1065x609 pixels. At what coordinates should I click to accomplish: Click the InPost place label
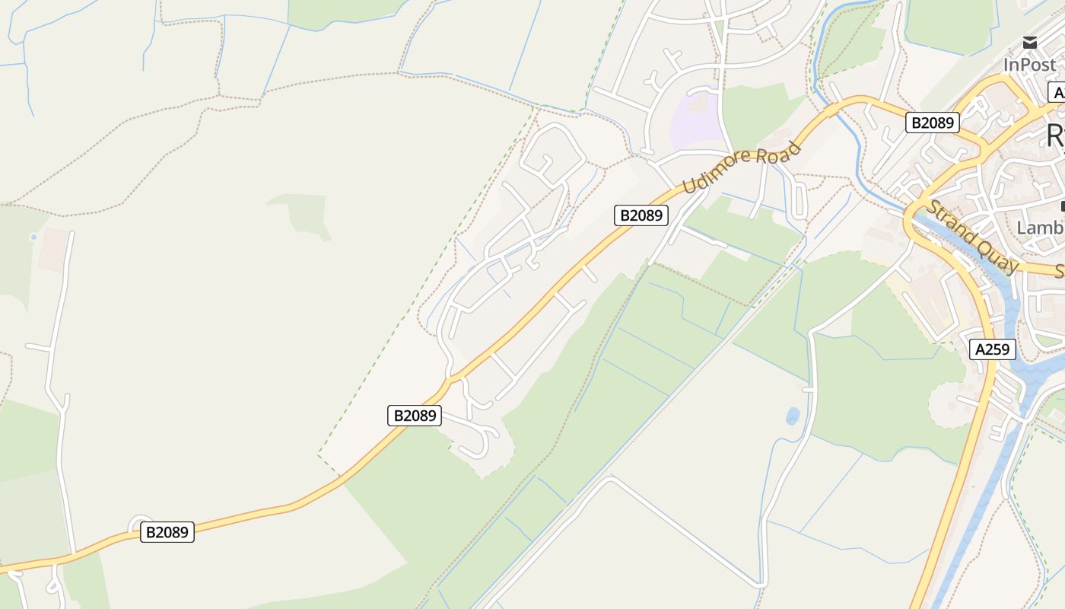click(x=1030, y=65)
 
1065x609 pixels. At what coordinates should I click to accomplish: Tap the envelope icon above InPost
click(x=1030, y=43)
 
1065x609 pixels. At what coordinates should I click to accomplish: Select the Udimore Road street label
click(x=742, y=167)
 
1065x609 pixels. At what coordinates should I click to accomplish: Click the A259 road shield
click(x=993, y=349)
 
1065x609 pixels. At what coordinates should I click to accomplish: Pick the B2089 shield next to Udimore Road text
click(x=641, y=215)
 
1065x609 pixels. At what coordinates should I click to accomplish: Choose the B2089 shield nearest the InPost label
click(x=932, y=123)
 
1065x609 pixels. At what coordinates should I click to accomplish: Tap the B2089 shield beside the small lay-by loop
click(x=167, y=532)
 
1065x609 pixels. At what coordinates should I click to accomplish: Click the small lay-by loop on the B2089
click(x=140, y=523)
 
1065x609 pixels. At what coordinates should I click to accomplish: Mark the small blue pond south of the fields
click(x=793, y=416)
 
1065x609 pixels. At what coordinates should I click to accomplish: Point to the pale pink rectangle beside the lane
click(x=52, y=250)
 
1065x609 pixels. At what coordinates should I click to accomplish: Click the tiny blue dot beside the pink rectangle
click(x=33, y=238)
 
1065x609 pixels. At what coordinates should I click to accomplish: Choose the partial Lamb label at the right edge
click(x=1041, y=228)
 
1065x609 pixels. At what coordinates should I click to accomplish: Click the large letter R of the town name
click(x=1054, y=136)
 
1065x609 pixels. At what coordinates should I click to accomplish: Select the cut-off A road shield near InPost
click(x=1057, y=93)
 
